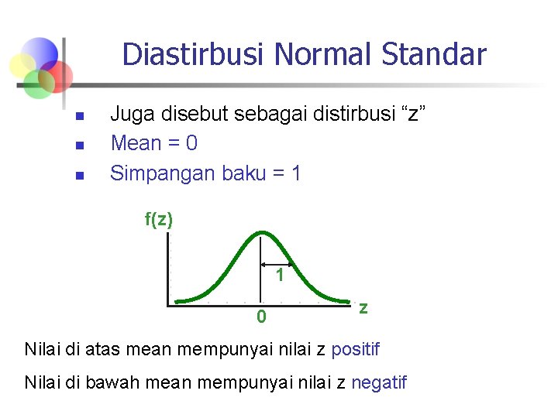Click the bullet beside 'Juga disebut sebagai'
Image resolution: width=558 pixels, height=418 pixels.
pos(78,117)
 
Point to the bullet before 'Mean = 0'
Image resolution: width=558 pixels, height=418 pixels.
pos(78,146)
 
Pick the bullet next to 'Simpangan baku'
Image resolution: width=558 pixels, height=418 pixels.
pos(78,175)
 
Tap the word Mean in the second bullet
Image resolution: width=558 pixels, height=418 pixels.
pos(136,143)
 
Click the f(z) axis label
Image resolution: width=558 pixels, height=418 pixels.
pos(159,220)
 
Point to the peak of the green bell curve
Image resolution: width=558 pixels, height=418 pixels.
pos(263,231)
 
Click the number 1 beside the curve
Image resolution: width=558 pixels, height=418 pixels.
pos(280,276)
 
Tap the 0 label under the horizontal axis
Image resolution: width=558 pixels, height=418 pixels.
pos(262,317)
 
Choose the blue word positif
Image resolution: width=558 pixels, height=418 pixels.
pos(355,349)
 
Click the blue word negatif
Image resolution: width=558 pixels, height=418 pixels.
pos(378,382)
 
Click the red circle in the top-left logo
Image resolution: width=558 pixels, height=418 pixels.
pos(56,76)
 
